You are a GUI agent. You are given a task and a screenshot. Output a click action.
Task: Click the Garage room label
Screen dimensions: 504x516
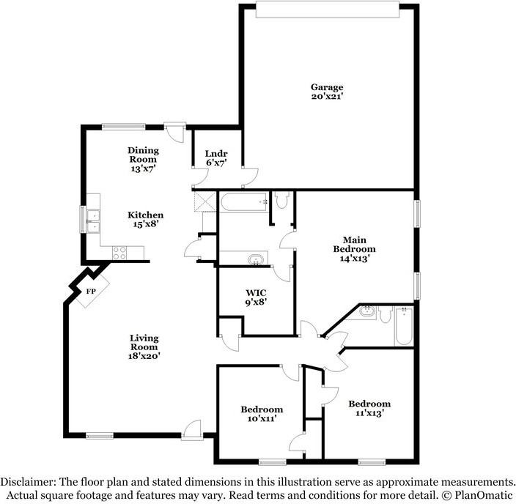click(x=326, y=88)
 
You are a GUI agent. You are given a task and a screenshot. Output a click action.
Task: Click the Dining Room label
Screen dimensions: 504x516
click(x=144, y=155)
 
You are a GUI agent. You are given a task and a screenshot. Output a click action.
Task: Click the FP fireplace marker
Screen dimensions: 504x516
click(x=92, y=291)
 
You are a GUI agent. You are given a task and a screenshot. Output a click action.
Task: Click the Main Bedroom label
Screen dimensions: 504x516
click(x=355, y=244)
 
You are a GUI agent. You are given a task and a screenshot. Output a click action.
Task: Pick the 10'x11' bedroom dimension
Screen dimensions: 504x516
click(x=262, y=420)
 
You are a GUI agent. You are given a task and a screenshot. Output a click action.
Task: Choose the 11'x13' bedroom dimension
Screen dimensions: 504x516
click(x=369, y=413)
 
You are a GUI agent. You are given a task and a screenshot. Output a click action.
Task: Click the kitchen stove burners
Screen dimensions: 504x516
click(x=120, y=253)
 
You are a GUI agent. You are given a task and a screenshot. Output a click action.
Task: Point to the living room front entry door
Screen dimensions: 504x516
click(x=193, y=429)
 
